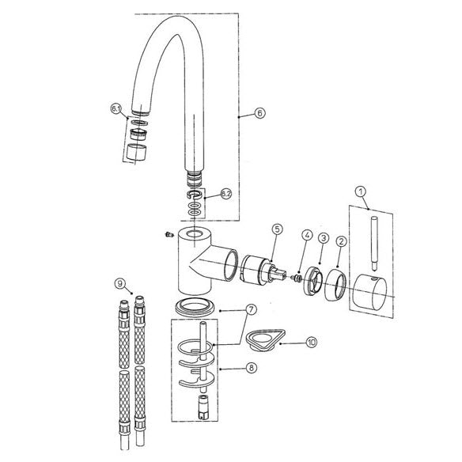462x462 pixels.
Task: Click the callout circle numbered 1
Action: (x=361, y=191)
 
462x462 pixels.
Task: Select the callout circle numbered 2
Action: (x=342, y=241)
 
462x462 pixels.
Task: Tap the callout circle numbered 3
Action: (x=324, y=238)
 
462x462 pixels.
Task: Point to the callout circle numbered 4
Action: (x=307, y=235)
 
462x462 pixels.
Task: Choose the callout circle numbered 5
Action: (x=277, y=229)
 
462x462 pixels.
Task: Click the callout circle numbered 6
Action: (x=259, y=112)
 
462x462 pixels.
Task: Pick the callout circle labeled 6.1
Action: (x=116, y=108)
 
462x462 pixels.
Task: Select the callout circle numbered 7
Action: (x=251, y=309)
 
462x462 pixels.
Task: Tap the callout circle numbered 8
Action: (x=251, y=367)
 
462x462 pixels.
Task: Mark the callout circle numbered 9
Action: (x=119, y=284)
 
